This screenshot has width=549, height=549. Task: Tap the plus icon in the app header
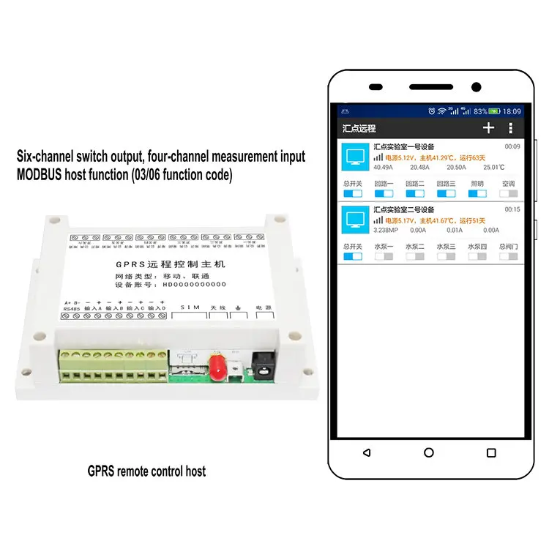pos(488,128)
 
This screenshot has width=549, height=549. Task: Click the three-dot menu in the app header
pos(510,128)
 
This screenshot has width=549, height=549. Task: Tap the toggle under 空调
pos(509,194)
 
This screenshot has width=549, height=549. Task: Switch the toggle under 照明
pos(477,194)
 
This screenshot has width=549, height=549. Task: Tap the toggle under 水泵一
pos(384,256)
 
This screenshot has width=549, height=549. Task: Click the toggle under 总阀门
pos(509,256)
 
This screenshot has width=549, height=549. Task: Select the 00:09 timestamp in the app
pos(512,147)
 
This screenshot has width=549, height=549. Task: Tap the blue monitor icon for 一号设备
pos(355,157)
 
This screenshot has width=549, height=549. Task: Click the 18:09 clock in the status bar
pos(512,111)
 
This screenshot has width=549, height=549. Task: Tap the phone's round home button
pos(429,453)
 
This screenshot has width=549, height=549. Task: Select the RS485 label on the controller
pos(72,310)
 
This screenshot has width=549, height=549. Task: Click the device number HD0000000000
pos(193,284)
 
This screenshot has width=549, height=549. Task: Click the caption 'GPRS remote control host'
pos(146,471)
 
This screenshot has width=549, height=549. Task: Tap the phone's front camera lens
pos(477,86)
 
